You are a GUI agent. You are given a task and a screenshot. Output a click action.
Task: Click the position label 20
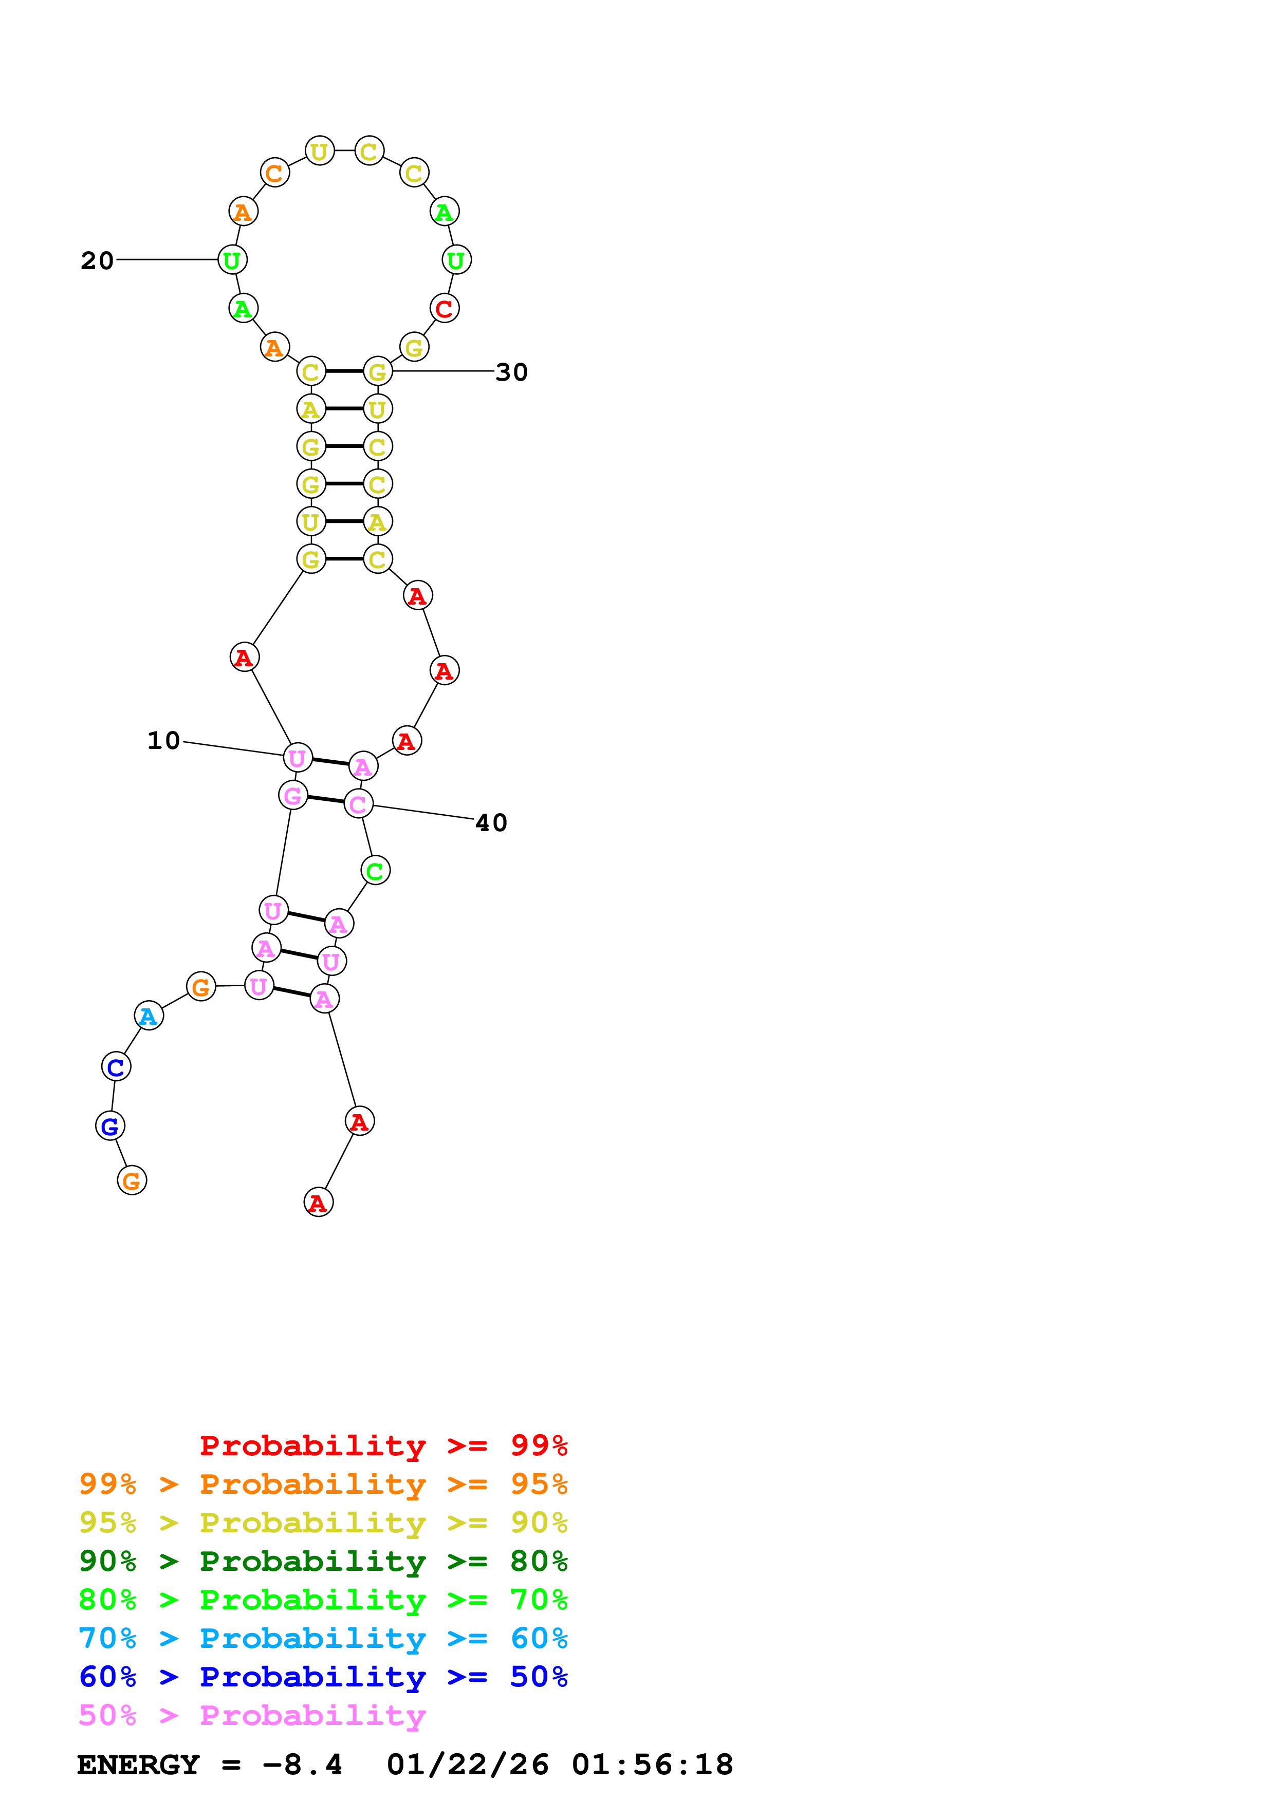[x=97, y=260]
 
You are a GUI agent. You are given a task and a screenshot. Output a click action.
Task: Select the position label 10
[x=164, y=740]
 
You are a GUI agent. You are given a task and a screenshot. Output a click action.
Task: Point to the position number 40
[x=491, y=822]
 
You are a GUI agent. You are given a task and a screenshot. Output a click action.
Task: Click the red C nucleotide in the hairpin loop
[x=445, y=308]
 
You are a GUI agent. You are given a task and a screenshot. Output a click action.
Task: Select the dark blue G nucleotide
[x=110, y=1126]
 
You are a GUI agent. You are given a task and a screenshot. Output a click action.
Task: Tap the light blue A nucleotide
[x=149, y=1017]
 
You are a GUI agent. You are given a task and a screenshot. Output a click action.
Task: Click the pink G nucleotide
[x=293, y=796]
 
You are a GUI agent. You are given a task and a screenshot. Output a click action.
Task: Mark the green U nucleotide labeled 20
[x=232, y=260]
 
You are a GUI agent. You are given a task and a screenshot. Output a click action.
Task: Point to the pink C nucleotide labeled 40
[x=359, y=804]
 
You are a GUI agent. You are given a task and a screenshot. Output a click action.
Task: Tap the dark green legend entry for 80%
[x=323, y=1561]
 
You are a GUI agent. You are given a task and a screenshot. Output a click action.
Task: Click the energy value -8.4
[x=302, y=1765]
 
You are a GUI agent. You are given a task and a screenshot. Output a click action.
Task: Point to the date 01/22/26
[x=467, y=1765]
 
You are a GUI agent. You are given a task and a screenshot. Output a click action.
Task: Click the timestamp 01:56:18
[x=652, y=1765]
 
